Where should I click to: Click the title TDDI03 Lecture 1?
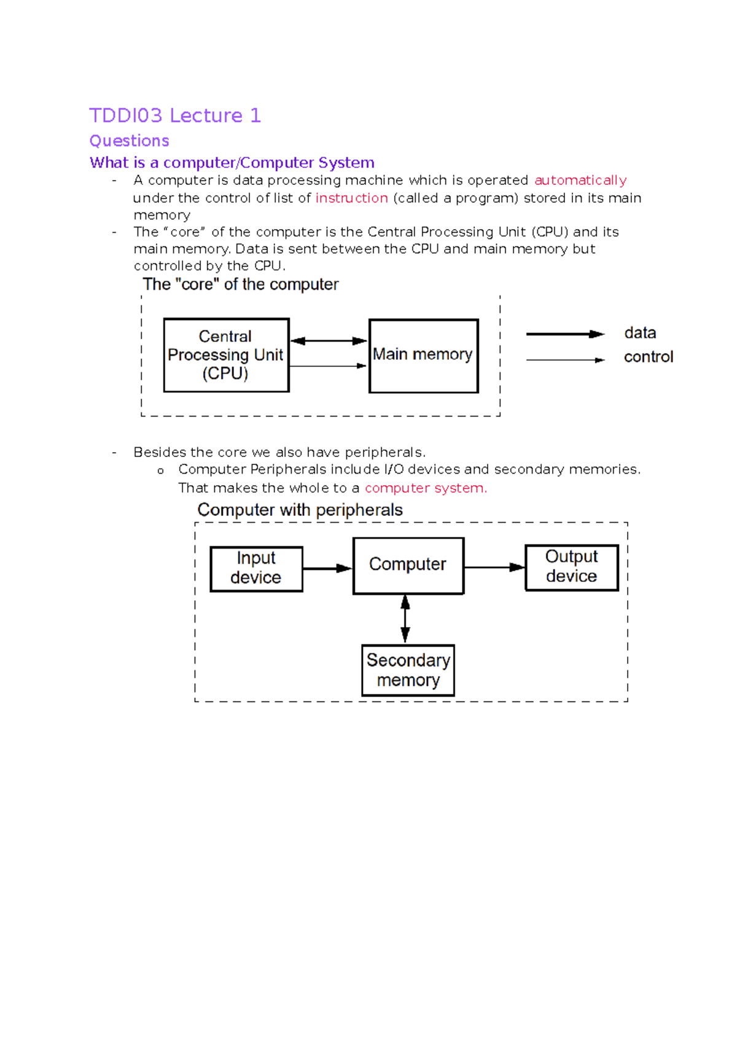tap(175, 115)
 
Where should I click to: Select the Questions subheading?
tap(129, 141)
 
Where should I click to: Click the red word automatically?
tap(580, 180)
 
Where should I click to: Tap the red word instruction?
tap(351, 198)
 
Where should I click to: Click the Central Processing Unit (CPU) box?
tap(226, 355)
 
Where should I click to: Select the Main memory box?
tap(423, 356)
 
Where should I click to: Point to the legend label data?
tap(640, 333)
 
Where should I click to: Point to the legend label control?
tap(648, 357)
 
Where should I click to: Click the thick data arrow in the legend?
tap(565, 334)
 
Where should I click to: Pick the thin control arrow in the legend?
tap(565, 360)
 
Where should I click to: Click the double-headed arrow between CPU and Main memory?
tap(329, 341)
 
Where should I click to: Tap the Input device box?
tap(256, 569)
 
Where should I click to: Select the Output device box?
tap(571, 568)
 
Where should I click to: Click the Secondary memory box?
tap(408, 670)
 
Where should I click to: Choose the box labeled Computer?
tap(408, 566)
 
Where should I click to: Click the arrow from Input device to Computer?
tap(327, 569)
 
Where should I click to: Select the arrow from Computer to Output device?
tap(494, 568)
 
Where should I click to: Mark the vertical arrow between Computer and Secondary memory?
tap(405, 619)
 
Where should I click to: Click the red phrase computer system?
tap(425, 488)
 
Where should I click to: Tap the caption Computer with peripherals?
tap(300, 510)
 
